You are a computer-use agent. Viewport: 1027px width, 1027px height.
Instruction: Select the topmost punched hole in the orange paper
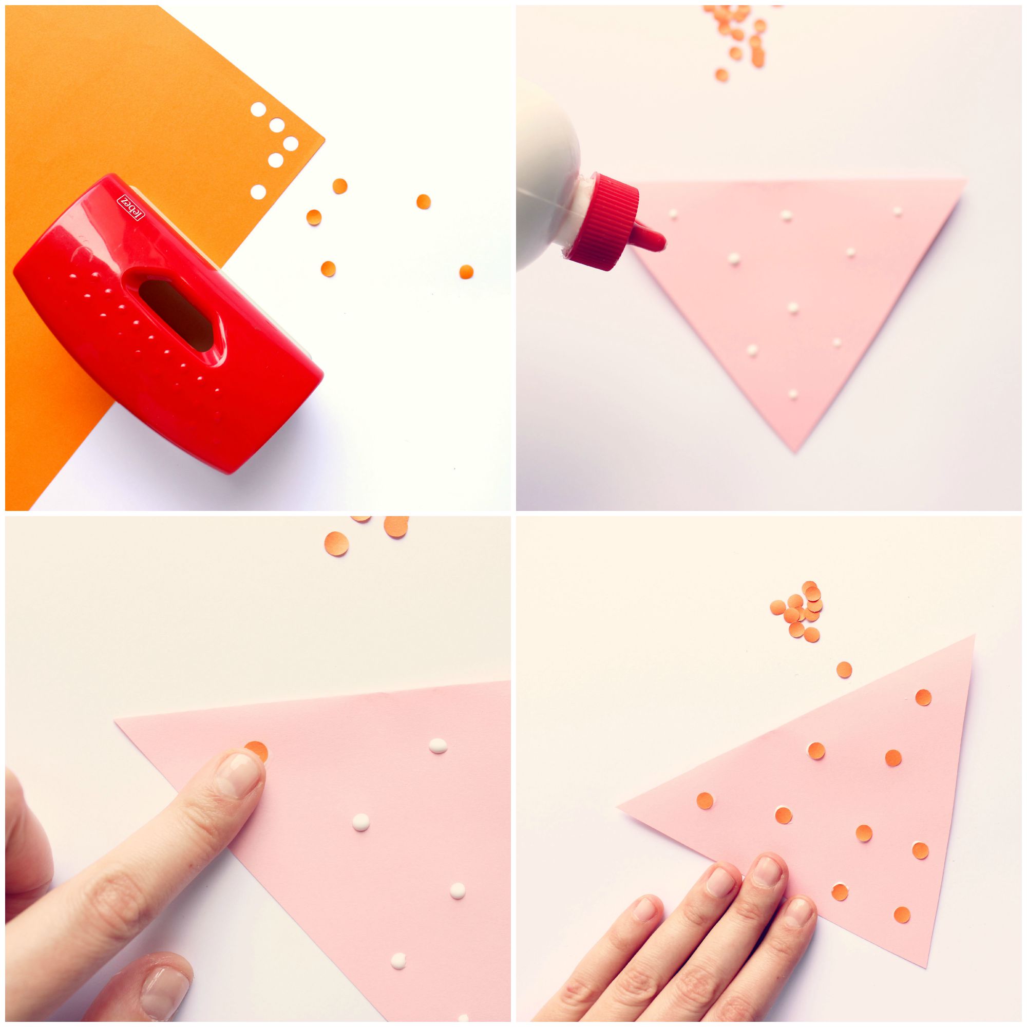coord(258,110)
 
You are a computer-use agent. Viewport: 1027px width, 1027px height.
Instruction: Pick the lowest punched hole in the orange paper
coord(258,192)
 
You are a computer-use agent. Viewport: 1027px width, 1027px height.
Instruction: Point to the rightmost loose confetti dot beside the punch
coord(466,271)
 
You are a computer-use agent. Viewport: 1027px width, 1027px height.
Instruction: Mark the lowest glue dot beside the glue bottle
coord(792,395)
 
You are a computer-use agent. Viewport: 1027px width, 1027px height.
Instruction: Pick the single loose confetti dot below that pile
coord(844,669)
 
